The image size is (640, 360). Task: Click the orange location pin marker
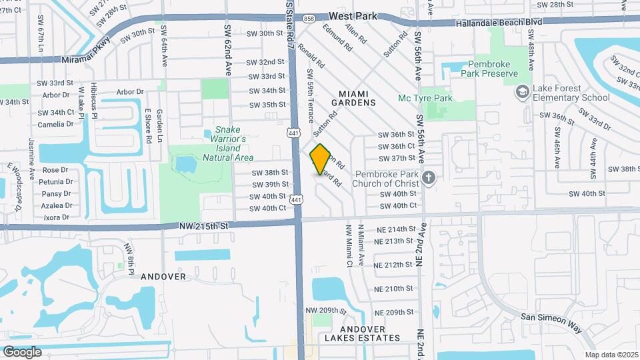point(321,159)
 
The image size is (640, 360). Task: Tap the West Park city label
point(353,15)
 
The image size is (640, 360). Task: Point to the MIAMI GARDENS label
point(353,97)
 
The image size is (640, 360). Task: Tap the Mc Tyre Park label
point(425,99)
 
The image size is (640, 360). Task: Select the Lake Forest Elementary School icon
point(523,91)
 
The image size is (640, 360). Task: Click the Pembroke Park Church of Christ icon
point(429,178)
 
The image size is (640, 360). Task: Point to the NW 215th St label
point(203,226)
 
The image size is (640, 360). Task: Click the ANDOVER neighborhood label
point(163,275)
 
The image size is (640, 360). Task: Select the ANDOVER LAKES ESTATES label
point(363,333)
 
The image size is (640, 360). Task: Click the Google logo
point(22,351)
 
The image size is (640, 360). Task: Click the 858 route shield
point(308,19)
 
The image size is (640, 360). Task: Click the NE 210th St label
point(395,289)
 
